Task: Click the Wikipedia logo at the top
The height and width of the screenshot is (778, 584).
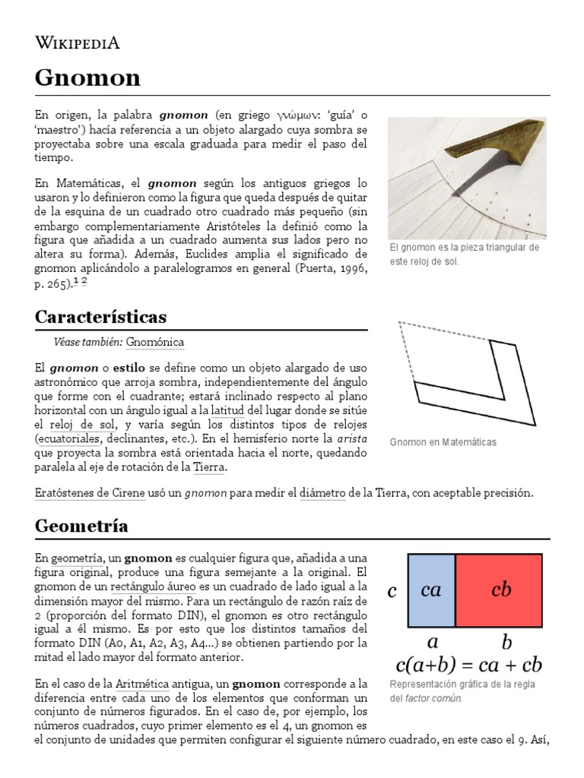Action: (x=78, y=43)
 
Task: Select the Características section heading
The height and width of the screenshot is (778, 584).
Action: (x=101, y=316)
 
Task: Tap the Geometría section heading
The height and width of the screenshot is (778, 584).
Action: (x=81, y=525)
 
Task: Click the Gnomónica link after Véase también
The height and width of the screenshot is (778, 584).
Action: (x=155, y=343)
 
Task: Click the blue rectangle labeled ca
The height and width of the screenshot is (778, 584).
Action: (x=431, y=590)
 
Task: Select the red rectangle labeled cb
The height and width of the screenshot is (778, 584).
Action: (x=500, y=590)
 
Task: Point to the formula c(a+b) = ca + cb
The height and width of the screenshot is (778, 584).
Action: (x=468, y=666)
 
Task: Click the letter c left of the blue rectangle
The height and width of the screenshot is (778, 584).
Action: (x=392, y=591)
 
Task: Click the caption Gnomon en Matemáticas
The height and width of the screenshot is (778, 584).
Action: (x=442, y=442)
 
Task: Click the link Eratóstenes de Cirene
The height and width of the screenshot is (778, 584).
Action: (x=90, y=493)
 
